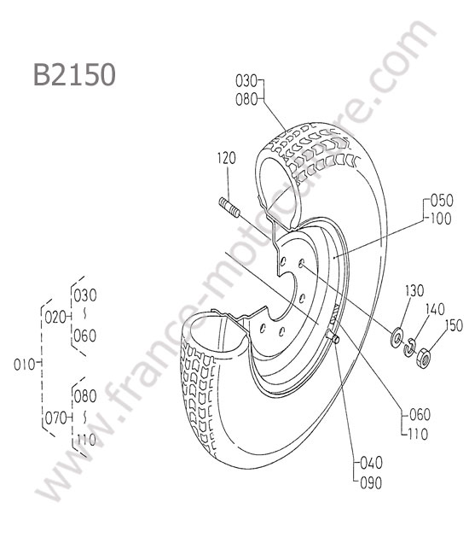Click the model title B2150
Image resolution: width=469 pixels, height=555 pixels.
click(74, 74)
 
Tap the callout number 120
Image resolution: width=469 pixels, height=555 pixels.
click(226, 158)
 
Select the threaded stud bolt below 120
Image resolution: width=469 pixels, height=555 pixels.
click(229, 207)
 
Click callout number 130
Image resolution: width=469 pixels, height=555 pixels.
click(414, 291)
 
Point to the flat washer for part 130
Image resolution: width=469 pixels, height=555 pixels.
click(397, 336)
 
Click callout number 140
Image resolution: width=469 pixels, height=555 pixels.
click(435, 309)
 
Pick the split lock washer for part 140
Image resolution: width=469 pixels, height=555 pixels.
click(410, 347)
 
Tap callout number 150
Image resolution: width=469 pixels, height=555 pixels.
click(454, 325)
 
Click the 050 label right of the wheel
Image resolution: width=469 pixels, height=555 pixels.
click(442, 201)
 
